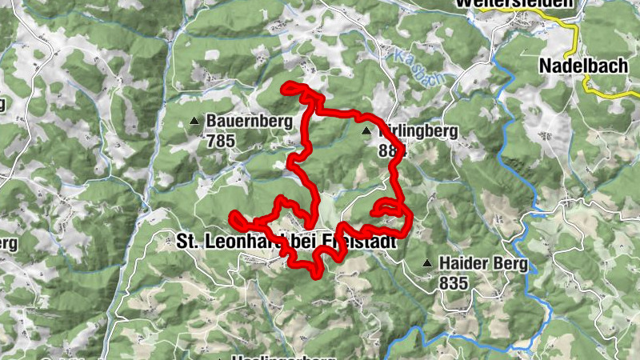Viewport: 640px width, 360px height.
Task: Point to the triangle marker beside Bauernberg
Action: (194, 122)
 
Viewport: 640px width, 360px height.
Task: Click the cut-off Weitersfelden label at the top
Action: (516, 4)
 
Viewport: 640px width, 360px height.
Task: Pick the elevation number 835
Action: (453, 282)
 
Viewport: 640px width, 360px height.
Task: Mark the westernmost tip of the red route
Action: (233, 216)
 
